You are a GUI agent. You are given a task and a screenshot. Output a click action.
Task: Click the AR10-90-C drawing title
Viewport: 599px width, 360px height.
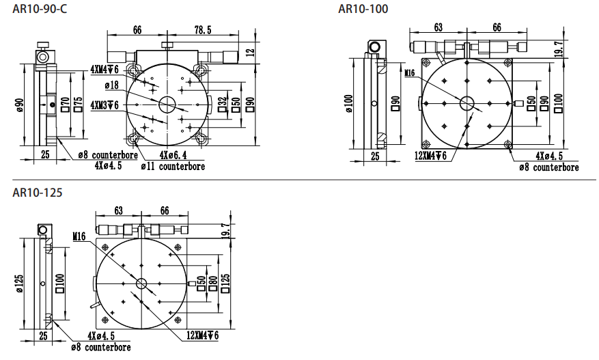point(40,8)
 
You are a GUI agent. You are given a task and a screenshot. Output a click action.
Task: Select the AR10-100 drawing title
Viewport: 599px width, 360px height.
point(363,8)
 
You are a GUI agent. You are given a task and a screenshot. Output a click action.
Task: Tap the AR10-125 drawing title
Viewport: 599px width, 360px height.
point(37,192)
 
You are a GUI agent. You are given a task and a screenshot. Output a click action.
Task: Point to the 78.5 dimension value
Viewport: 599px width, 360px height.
point(203,30)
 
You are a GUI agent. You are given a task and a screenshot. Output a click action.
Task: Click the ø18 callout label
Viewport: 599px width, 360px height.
point(112,85)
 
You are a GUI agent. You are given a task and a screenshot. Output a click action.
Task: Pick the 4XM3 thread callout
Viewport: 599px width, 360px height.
point(105,105)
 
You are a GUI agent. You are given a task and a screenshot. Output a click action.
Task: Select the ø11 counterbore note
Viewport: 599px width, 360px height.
point(173,167)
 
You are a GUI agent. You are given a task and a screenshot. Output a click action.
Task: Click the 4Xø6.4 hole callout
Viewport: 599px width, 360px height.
point(173,155)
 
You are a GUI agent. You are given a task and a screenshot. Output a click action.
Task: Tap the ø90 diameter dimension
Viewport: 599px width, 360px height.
point(20,105)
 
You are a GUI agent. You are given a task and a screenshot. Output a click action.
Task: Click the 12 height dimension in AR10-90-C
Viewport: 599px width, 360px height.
point(250,52)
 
